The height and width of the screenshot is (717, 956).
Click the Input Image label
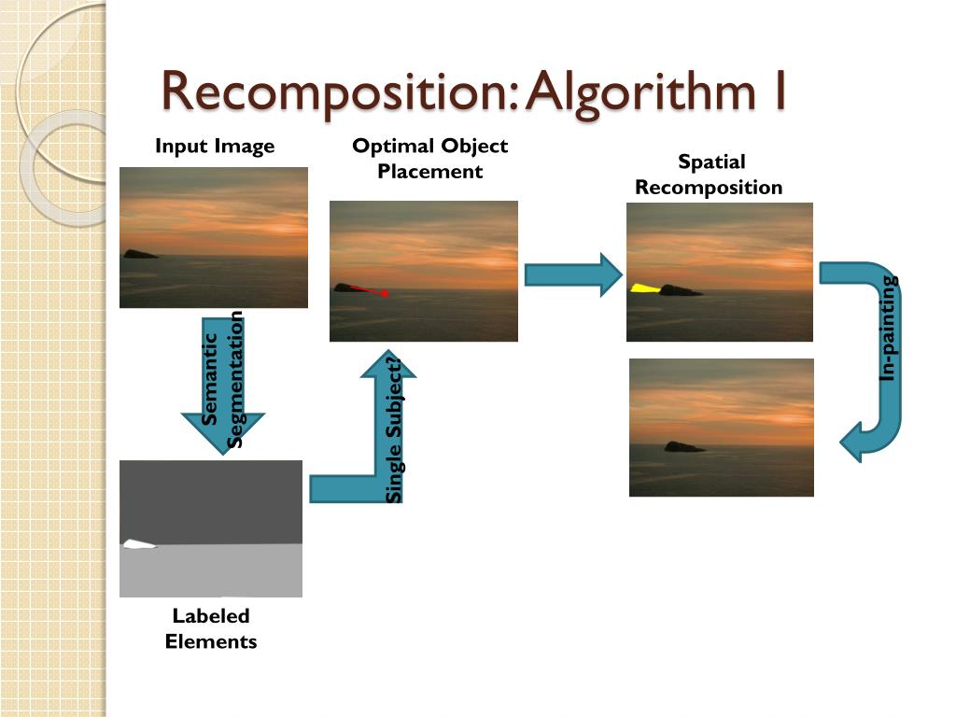click(215, 146)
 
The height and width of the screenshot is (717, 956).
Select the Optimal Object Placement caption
click(429, 158)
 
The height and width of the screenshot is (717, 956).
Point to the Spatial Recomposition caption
click(709, 175)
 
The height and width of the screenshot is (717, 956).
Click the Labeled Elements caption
click(211, 628)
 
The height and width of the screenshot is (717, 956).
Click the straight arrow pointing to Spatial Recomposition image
click(572, 275)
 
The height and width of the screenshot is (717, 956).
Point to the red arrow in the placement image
click(371, 290)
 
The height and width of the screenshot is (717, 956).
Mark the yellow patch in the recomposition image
click(644, 288)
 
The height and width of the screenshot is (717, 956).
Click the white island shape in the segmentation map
click(138, 544)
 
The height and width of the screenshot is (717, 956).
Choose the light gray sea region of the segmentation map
click(211, 571)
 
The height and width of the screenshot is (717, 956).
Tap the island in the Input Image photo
click(140, 253)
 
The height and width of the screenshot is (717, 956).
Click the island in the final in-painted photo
click(684, 446)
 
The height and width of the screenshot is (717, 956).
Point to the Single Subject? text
click(395, 429)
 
